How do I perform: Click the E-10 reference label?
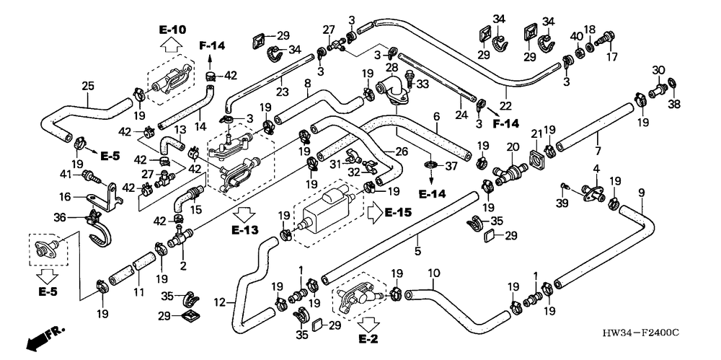[x=172, y=30]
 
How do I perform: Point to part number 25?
[x=89, y=87]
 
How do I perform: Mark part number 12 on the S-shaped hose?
[x=221, y=301]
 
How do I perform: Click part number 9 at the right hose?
[x=641, y=192]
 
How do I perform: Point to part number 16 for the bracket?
[x=64, y=196]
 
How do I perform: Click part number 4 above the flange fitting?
[x=596, y=169]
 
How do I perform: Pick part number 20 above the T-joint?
[x=513, y=146]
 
